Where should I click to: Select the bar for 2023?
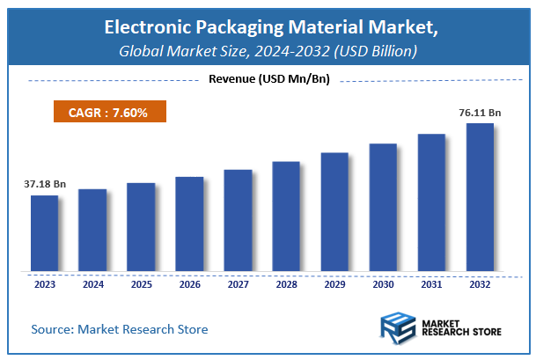pos(44,233)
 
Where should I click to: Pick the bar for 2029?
pos(334,212)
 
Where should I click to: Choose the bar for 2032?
pos(480,197)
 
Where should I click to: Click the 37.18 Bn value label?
pos(43,185)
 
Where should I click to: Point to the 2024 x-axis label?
pos(92,285)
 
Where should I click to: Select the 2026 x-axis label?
pos(189,285)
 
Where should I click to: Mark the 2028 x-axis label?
pos(286,285)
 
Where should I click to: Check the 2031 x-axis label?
pos(431,285)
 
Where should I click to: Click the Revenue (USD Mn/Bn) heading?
pos(268,80)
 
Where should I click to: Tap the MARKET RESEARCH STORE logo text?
pos(461,329)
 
